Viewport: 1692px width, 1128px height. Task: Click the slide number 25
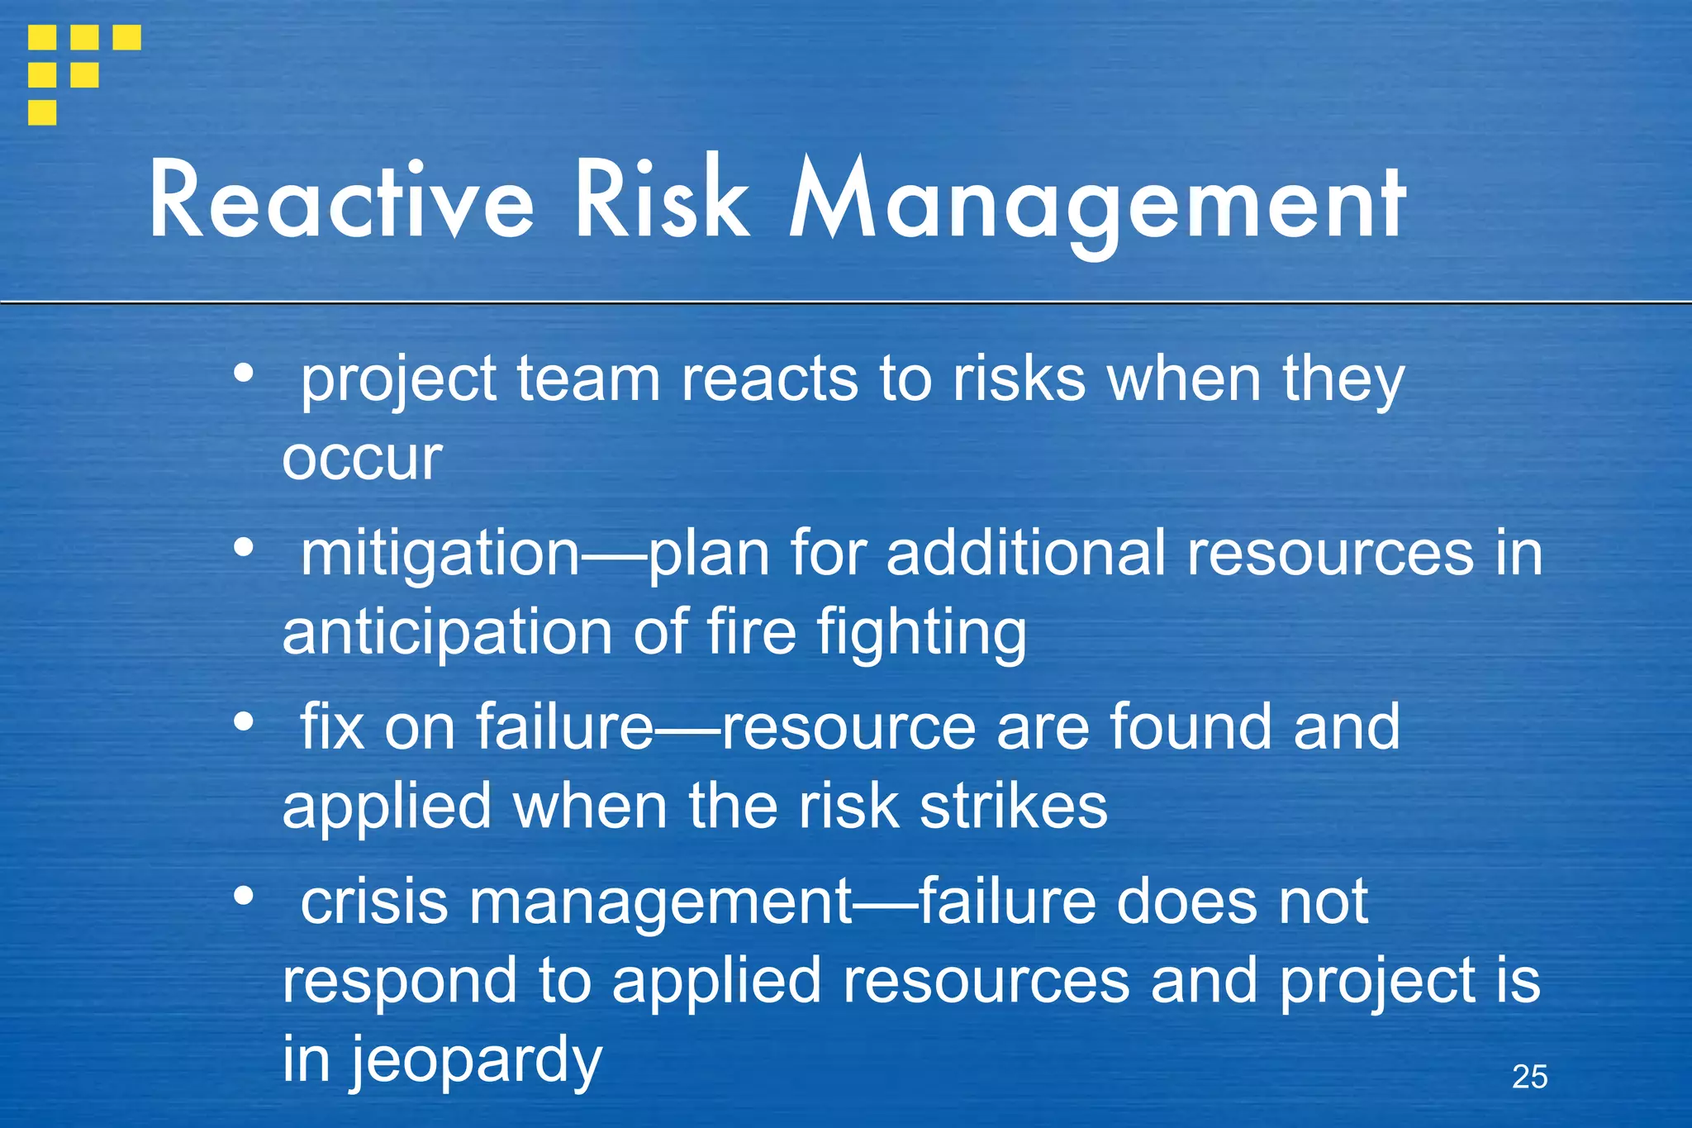[x=1529, y=1077]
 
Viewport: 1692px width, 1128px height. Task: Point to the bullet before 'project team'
[x=243, y=373]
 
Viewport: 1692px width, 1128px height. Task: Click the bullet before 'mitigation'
[x=243, y=547]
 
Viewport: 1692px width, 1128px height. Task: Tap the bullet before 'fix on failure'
[x=243, y=721]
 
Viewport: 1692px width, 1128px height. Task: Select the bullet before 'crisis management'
[x=243, y=896]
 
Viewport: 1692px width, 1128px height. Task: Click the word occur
[x=362, y=459]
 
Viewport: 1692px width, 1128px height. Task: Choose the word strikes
[x=1014, y=807]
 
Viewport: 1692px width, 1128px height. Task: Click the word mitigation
[x=440, y=554]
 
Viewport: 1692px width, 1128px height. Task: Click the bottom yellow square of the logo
[x=42, y=112]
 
